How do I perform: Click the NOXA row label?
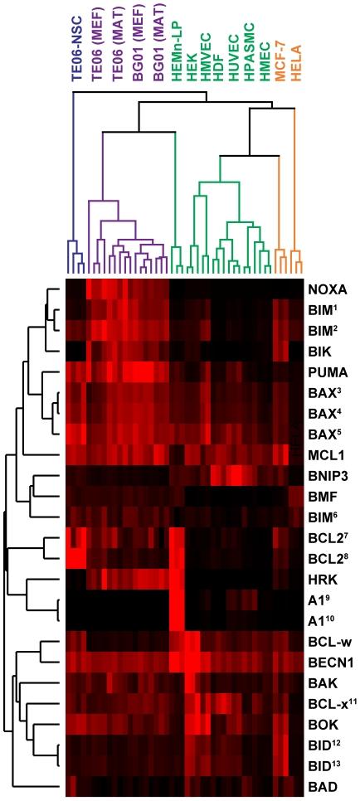(x=326, y=290)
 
